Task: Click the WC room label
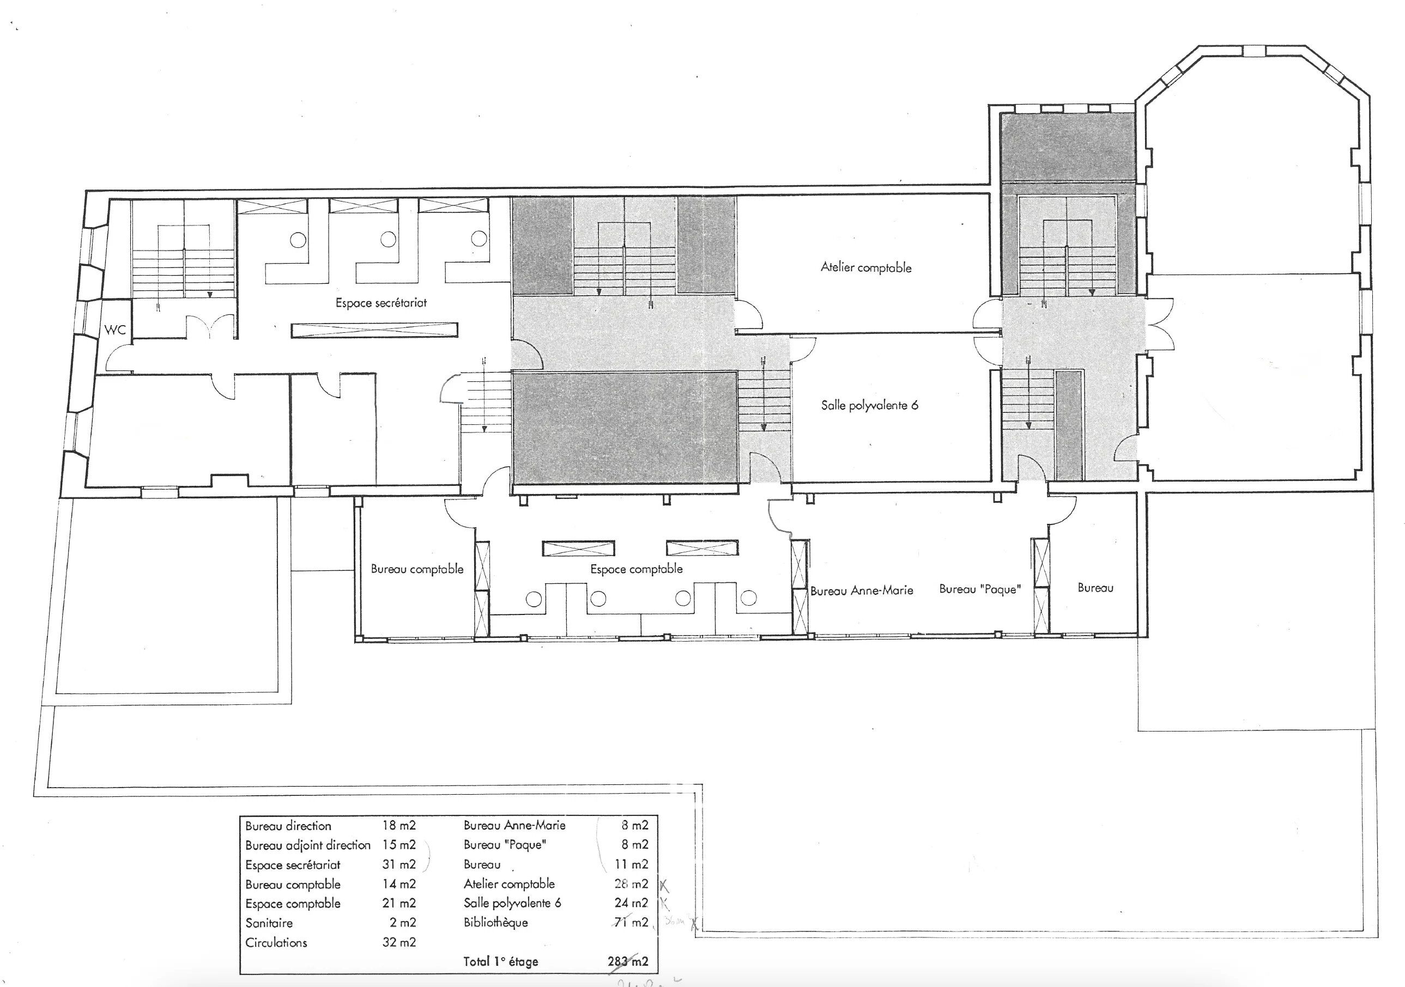[115, 330]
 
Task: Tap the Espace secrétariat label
[380, 303]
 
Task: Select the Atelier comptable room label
[866, 267]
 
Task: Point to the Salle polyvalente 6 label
[869, 405]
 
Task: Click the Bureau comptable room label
[417, 569]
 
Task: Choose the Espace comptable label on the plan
[636, 569]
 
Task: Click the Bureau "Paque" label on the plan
[980, 589]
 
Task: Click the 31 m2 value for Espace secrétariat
[398, 864]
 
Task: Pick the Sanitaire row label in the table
[269, 923]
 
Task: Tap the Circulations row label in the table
[276, 942]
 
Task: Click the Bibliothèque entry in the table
[495, 922]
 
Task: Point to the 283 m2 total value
[628, 961]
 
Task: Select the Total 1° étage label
[500, 961]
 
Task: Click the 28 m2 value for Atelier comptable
[631, 884]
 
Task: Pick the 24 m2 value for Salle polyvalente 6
[631, 903]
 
